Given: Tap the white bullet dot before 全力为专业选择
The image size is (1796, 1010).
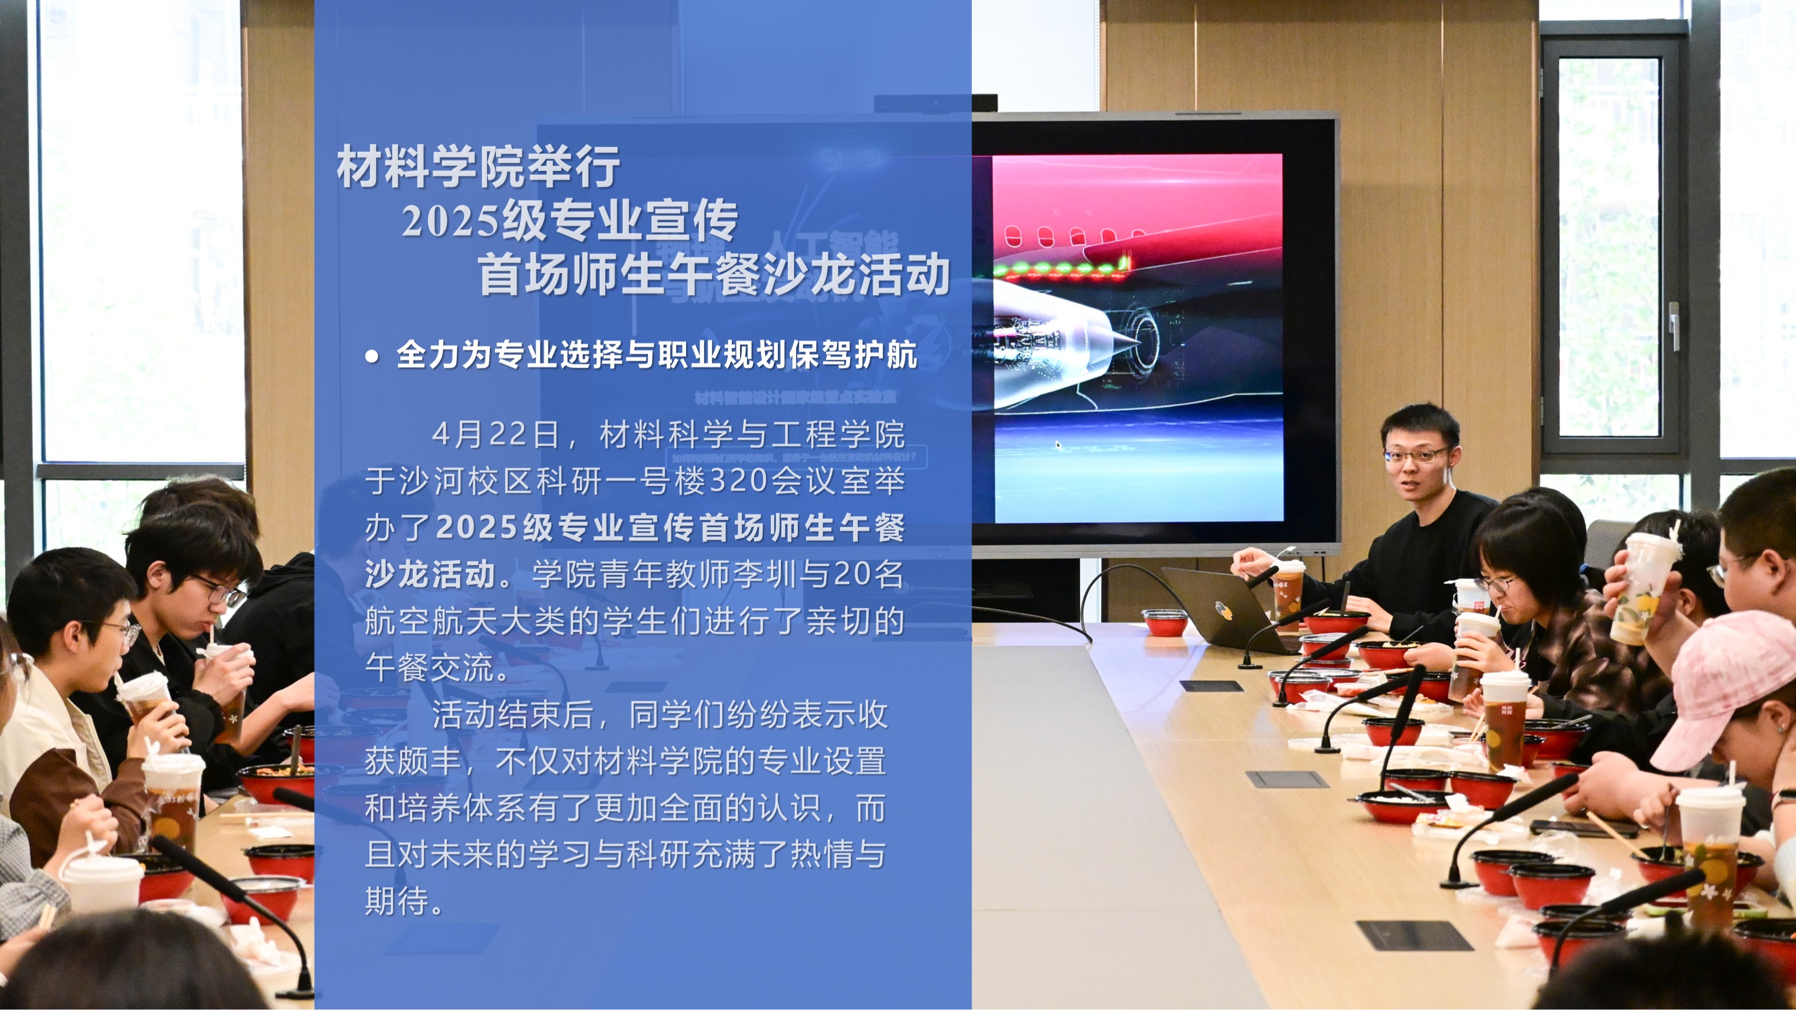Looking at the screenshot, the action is (x=372, y=357).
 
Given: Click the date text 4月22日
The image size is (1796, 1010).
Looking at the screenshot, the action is (x=496, y=434).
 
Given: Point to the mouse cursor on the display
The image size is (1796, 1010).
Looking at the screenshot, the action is (x=1058, y=445).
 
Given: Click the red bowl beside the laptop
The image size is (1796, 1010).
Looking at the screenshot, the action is (x=1164, y=622).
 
